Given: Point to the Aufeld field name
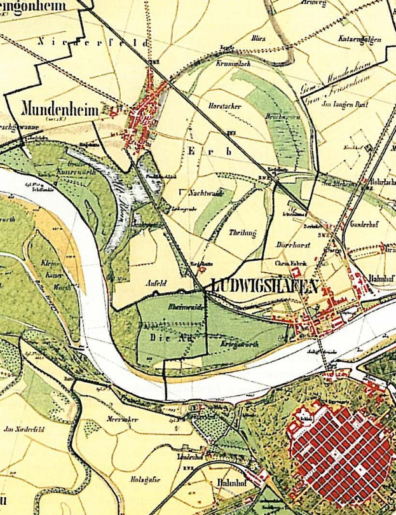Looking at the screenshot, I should pos(155,284).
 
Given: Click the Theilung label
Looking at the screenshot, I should pos(242,233).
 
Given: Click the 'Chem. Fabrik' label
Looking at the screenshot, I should pos(290,263).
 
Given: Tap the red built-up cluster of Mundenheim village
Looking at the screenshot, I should pos(143,118).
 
